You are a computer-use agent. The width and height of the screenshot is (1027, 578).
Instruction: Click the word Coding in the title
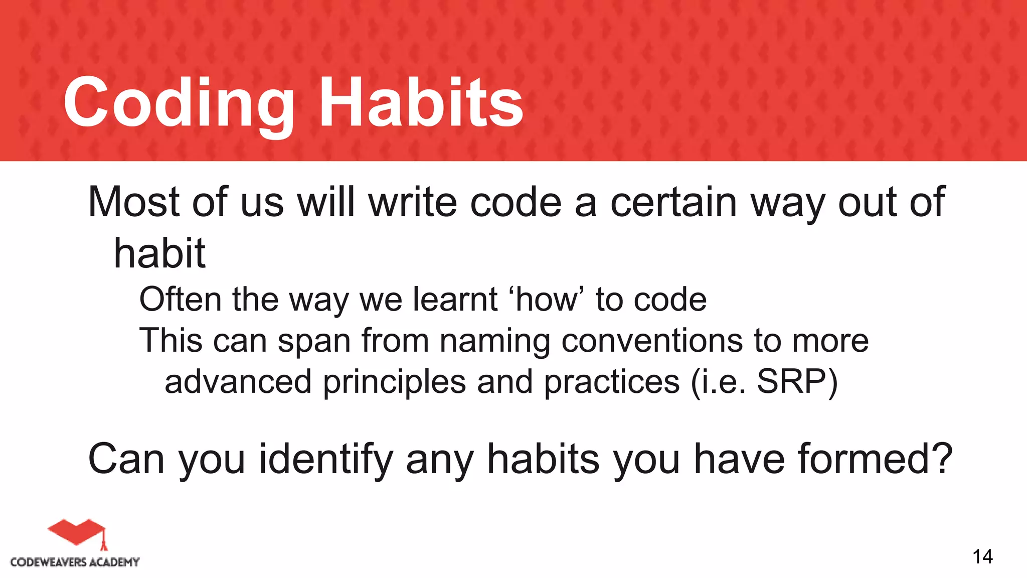click(x=178, y=103)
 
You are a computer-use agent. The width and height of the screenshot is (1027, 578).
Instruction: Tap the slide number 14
click(x=982, y=557)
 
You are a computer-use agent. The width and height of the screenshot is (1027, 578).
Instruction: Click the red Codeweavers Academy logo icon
click(x=78, y=533)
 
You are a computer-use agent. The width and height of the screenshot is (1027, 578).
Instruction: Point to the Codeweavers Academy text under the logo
click(x=75, y=562)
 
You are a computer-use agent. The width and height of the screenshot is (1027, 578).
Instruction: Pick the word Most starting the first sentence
click(x=133, y=202)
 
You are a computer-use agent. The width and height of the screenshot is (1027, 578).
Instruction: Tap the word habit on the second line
click(x=159, y=253)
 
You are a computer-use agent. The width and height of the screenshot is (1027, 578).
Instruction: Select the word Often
click(x=180, y=300)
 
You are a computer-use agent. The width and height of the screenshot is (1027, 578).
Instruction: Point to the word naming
click(x=494, y=341)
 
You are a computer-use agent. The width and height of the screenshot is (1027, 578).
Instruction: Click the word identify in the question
click(x=325, y=459)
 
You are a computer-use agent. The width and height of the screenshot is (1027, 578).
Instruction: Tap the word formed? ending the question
click(x=875, y=459)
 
